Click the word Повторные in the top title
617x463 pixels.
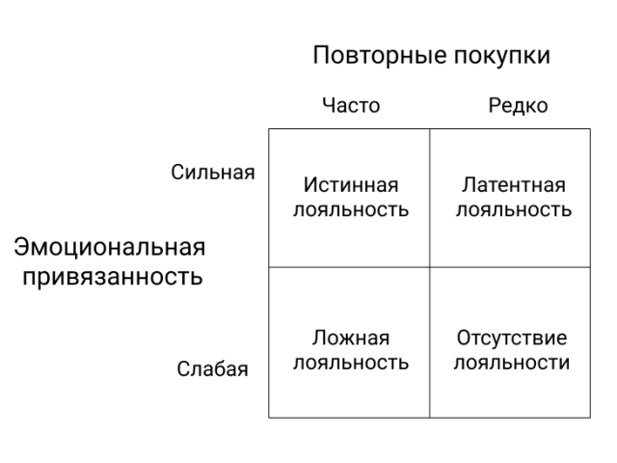click(380, 55)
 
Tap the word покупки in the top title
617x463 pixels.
click(502, 55)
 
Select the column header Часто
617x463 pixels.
click(351, 105)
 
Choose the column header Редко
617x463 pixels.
click(518, 105)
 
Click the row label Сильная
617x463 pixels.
click(213, 173)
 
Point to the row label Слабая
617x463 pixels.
click(212, 368)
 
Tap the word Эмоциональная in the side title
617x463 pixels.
click(110, 248)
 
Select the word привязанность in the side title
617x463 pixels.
click(113, 277)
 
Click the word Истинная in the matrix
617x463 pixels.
click(351, 185)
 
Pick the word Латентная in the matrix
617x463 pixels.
click(514, 185)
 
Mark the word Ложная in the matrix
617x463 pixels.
click(351, 338)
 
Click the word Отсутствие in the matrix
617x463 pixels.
click(512, 338)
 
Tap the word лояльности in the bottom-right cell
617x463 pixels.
click(512, 363)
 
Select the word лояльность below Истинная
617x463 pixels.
click(351, 209)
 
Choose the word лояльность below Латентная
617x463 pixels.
click(514, 209)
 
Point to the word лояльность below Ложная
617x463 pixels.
click(351, 363)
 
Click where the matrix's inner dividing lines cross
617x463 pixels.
click(430, 267)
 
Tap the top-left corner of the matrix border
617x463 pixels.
click(269, 128)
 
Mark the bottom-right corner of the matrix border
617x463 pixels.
click(590, 418)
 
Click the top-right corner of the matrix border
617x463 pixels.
click(590, 128)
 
